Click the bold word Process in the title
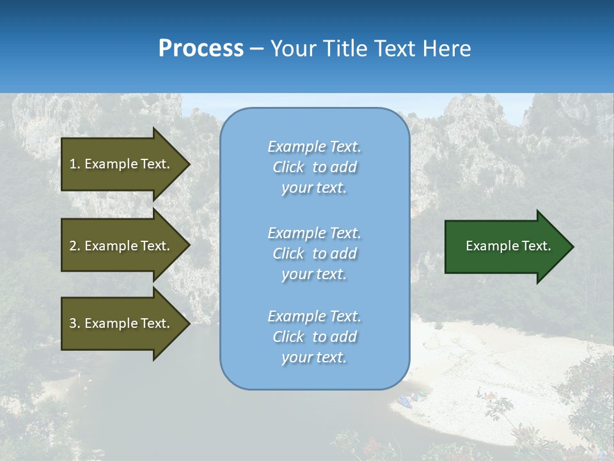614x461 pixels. pyautogui.click(x=201, y=49)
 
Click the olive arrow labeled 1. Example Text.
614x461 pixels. pyautogui.click(x=122, y=164)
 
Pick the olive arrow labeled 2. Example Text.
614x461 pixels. pyautogui.click(x=122, y=246)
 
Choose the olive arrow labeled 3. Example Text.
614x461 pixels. pyautogui.click(x=122, y=323)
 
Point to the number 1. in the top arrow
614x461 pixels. pyautogui.click(x=75, y=164)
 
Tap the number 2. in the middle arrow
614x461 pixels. pyautogui.click(x=75, y=246)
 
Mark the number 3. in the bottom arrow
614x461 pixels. pyautogui.click(x=75, y=323)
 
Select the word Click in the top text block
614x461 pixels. pyautogui.click(x=288, y=168)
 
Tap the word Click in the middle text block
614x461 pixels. pyautogui.click(x=288, y=254)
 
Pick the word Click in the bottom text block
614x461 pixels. pyautogui.click(x=288, y=337)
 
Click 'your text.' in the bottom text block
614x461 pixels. pyautogui.click(x=314, y=357)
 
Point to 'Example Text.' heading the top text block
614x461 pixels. pyautogui.click(x=314, y=147)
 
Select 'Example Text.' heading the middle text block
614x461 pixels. pyautogui.click(x=314, y=233)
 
